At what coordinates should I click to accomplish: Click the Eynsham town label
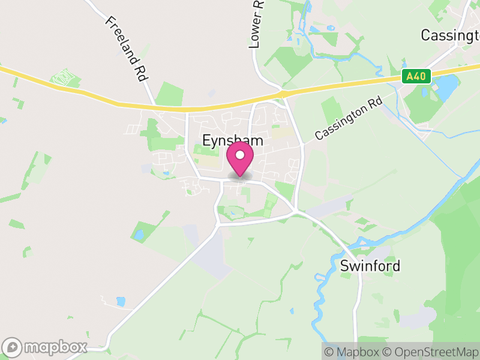[x=233, y=141]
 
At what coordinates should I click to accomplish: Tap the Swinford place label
[x=370, y=266]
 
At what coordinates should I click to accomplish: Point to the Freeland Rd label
[x=127, y=49]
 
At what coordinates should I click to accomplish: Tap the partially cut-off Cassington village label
[x=450, y=35]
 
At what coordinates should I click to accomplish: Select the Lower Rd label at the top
[x=257, y=24]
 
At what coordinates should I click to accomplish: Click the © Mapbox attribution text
[x=354, y=352]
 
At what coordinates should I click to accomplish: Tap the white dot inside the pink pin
[x=240, y=155]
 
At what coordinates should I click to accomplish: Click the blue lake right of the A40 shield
[x=447, y=88]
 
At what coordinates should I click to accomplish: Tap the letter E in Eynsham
[x=207, y=140]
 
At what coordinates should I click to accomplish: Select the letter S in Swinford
[x=344, y=266]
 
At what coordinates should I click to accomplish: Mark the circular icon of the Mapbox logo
[x=13, y=347]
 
